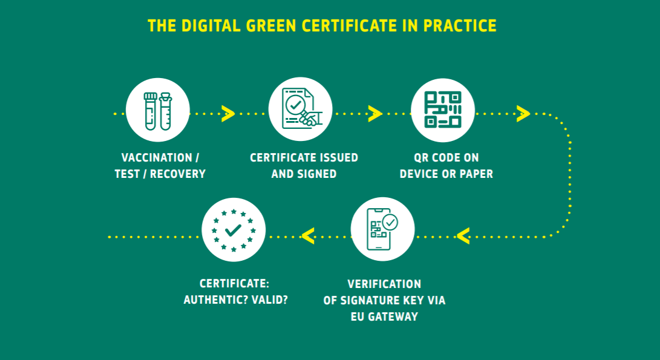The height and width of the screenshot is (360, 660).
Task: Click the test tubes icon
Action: point(158,110)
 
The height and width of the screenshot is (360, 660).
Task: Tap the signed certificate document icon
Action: point(301,109)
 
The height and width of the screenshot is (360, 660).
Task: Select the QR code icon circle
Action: point(443,110)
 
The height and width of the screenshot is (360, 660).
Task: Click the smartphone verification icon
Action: point(382,229)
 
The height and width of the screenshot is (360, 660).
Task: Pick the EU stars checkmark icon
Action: point(234,230)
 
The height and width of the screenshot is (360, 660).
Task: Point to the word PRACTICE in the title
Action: point(460,25)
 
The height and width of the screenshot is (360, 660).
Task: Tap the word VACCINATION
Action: point(157,157)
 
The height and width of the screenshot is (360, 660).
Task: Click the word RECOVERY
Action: point(178,174)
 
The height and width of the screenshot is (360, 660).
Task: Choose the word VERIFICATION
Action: point(384,284)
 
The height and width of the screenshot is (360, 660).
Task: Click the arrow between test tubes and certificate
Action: point(228,114)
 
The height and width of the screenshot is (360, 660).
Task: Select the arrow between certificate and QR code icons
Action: point(375,114)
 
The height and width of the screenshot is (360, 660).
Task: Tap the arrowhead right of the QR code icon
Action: point(523,114)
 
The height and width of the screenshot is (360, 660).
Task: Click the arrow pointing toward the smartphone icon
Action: point(463,236)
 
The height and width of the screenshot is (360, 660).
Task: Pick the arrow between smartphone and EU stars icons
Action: point(308,236)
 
